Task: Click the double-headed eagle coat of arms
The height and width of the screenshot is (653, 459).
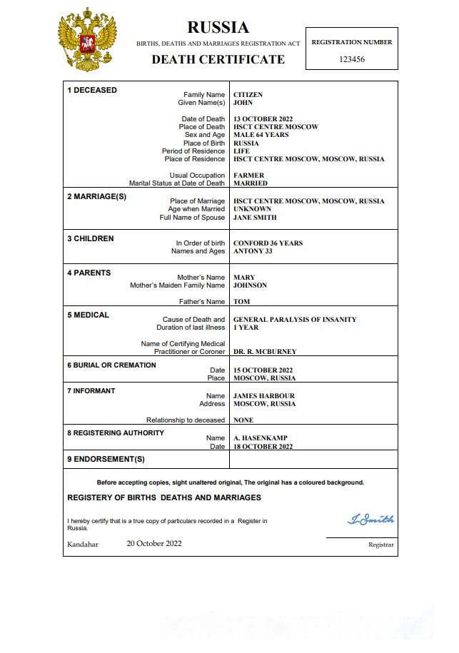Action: [87, 41]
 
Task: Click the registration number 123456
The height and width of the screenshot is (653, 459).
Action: [352, 59]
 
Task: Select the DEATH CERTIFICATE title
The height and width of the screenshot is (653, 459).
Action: [218, 59]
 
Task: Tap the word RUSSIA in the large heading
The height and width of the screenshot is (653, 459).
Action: [218, 28]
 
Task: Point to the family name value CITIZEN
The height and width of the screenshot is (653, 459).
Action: [248, 95]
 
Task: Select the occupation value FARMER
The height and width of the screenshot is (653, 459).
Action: [248, 176]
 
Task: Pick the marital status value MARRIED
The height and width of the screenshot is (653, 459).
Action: [250, 183]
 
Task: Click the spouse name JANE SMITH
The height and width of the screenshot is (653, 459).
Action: [255, 218]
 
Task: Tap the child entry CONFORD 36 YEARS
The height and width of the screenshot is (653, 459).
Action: [268, 243]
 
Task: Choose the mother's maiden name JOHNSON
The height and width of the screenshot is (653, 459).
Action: [250, 285]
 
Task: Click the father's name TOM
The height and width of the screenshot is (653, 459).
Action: [241, 302]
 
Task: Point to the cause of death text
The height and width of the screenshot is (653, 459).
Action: [295, 320]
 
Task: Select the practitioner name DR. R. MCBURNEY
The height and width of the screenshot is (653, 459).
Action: [265, 352]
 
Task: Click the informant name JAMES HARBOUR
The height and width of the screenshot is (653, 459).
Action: [263, 396]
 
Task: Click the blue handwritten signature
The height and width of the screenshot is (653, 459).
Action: [370, 520]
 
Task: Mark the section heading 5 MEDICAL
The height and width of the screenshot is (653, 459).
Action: [88, 315]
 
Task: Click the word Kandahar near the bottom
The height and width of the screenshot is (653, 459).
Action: [83, 545]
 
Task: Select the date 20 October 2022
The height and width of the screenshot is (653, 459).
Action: [154, 544]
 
